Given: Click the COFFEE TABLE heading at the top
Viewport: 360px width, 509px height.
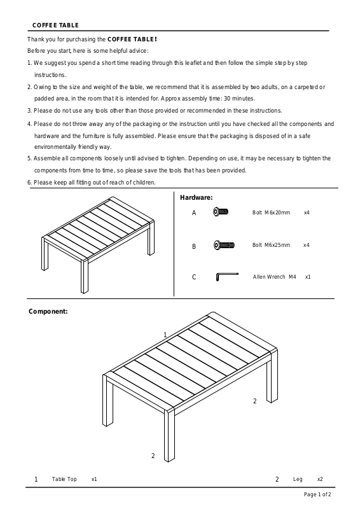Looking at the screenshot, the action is pyautogui.click(x=55, y=25).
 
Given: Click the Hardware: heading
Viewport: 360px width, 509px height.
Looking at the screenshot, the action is pyautogui.click(x=197, y=197).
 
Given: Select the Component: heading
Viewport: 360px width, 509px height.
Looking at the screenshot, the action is pyautogui.click(x=48, y=311).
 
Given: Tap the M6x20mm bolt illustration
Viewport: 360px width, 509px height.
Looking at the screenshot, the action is pyautogui.click(x=221, y=212).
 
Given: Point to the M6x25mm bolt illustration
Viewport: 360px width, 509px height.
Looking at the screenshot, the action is pyautogui.click(x=224, y=245).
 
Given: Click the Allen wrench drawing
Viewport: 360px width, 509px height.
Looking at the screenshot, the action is pyautogui.click(x=226, y=276).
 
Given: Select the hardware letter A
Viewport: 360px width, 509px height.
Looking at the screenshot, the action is pyautogui.click(x=194, y=213).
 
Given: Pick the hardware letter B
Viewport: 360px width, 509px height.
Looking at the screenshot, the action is pyautogui.click(x=194, y=246).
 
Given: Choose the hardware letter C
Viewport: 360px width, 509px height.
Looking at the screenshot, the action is pyautogui.click(x=194, y=277).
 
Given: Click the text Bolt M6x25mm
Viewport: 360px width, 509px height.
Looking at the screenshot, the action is pyautogui.click(x=271, y=245).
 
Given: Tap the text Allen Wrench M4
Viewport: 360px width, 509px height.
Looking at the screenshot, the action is pyautogui.click(x=274, y=277).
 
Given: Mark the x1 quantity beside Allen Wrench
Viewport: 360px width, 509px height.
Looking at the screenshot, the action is pyautogui.click(x=308, y=277).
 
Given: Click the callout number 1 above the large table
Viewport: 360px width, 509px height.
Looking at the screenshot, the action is pyautogui.click(x=165, y=335).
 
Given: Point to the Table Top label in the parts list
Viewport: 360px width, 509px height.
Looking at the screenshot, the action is pyautogui.click(x=64, y=479).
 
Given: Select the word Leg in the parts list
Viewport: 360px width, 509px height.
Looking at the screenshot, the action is pyautogui.click(x=298, y=479).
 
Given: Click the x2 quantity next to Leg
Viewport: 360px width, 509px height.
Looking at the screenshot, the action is pyautogui.click(x=320, y=479).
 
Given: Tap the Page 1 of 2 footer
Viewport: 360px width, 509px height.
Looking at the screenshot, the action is pyautogui.click(x=317, y=494).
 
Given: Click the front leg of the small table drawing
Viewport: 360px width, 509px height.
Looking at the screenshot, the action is pyautogui.click(x=85, y=275).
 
